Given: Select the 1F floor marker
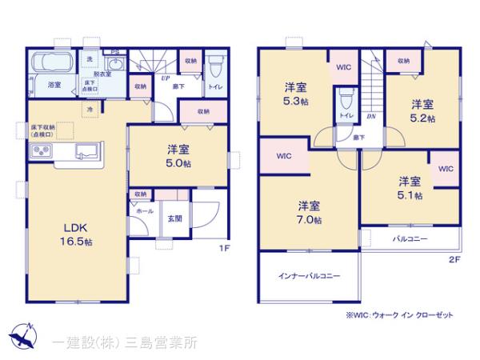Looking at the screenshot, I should [225, 248].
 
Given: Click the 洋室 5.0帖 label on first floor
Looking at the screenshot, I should [178, 155].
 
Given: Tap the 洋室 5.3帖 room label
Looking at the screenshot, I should [297, 94].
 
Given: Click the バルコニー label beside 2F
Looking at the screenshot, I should [409, 239].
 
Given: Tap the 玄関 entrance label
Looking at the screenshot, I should [174, 218].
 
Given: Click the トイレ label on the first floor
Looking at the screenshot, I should [214, 86].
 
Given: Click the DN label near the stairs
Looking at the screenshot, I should [371, 117].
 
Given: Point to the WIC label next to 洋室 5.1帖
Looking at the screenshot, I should [446, 169].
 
